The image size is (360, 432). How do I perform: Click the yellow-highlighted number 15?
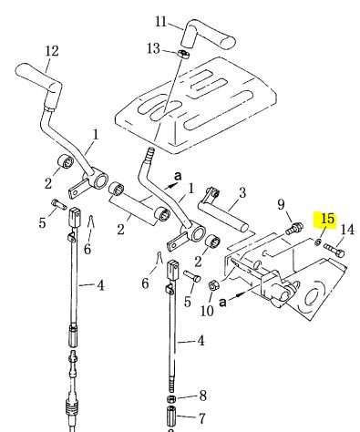(327, 220)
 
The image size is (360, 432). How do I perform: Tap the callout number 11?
(160, 22)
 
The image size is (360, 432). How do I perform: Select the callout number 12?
(52, 51)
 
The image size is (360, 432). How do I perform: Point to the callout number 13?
(153, 48)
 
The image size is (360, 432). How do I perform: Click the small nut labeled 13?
(183, 54)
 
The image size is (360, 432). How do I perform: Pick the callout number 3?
(242, 193)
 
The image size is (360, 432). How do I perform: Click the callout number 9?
(282, 205)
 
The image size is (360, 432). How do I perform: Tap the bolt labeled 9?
(293, 228)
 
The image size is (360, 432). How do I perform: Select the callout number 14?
(347, 230)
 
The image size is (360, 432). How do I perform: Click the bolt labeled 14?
(334, 250)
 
